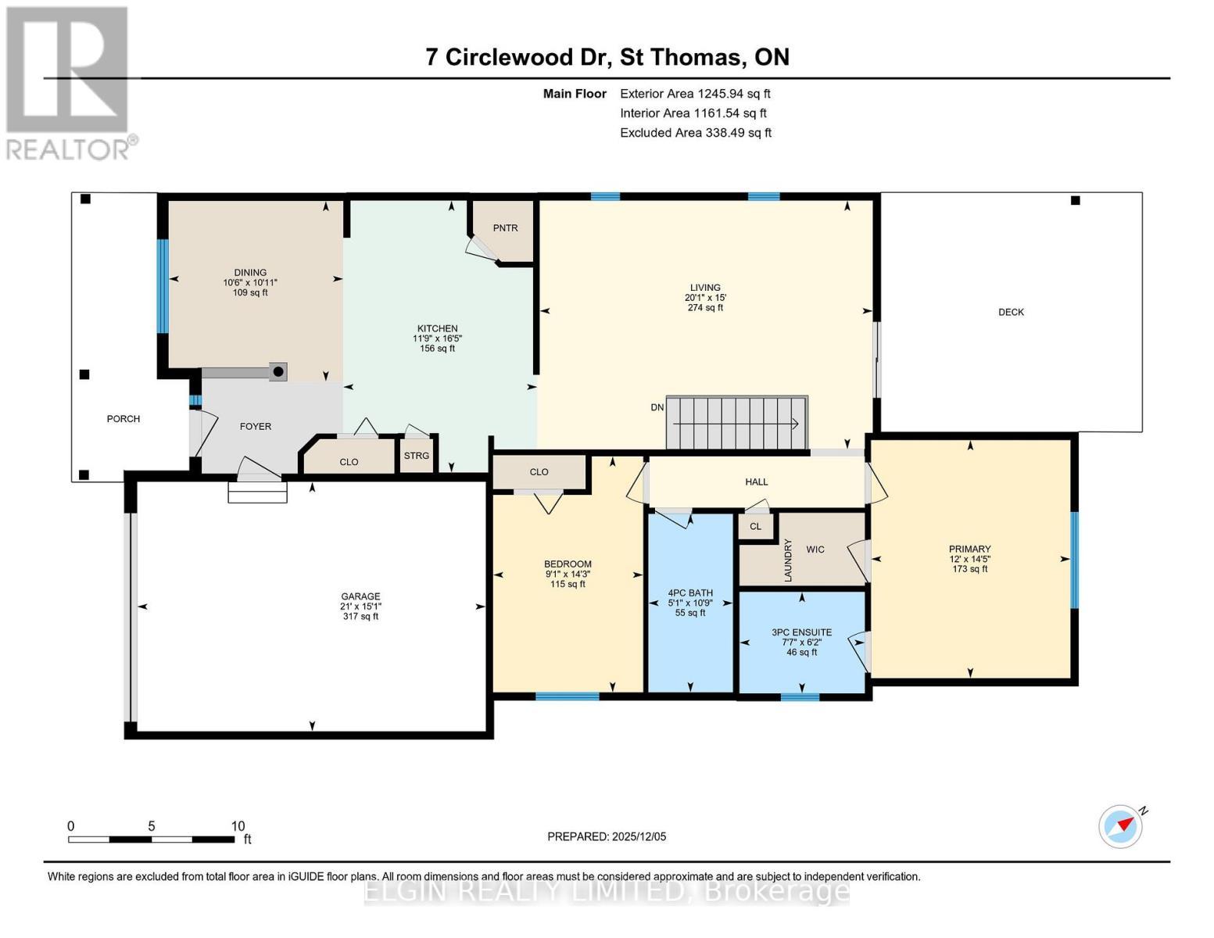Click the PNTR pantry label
tap(505, 228)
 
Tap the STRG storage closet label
tap(416, 455)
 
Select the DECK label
tap(1011, 313)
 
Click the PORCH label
tap(124, 418)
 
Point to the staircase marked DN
tap(737, 423)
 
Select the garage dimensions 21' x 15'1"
tap(360, 606)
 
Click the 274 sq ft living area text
tap(705, 307)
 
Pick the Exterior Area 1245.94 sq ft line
tap(695, 94)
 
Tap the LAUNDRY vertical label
tap(788, 560)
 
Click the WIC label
tap(815, 550)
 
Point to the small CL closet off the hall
tap(755, 526)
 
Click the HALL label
tap(757, 482)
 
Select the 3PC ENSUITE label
tap(802, 632)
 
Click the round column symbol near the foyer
tap(278, 371)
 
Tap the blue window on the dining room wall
tap(163, 286)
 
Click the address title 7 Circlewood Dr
tap(518, 57)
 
